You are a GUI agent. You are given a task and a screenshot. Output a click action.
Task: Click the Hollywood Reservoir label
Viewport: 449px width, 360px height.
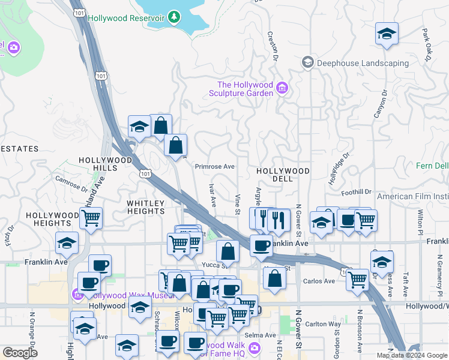coord(126,18)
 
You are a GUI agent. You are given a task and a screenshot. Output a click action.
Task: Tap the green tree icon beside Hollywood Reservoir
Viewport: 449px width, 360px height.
coord(174,17)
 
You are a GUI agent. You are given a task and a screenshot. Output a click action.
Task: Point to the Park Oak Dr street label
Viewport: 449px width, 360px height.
coord(427,44)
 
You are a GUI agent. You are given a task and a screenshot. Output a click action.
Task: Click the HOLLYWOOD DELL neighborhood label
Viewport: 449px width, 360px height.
coord(283,171)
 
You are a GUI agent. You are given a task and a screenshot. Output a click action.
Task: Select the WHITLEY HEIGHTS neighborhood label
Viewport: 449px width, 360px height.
coord(146,207)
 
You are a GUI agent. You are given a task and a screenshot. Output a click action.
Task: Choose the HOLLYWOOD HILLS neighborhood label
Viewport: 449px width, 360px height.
coord(104,164)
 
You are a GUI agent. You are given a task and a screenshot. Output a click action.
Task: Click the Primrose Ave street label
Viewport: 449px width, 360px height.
coord(214,167)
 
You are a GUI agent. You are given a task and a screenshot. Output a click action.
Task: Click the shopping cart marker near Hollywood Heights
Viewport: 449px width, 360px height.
coord(91,218)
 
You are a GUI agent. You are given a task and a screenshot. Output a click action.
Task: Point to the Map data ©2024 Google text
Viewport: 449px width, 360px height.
coord(412,355)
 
